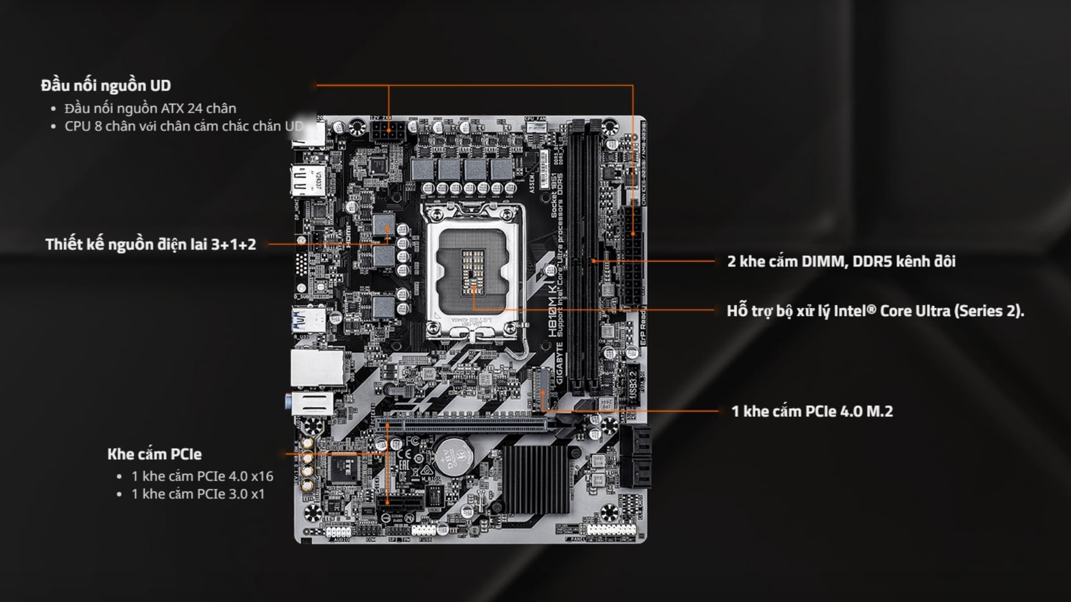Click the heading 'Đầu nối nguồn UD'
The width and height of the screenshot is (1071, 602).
(x=105, y=86)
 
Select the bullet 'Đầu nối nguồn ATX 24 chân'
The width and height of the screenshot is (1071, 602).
(x=150, y=108)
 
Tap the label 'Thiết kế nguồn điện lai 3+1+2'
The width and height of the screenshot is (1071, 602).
(x=151, y=244)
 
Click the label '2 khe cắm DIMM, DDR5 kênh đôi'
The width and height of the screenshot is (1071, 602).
(x=841, y=261)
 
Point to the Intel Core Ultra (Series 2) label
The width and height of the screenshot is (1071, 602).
(x=875, y=310)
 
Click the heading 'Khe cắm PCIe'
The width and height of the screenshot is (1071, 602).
(x=154, y=454)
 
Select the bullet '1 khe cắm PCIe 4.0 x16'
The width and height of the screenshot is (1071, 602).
(x=202, y=476)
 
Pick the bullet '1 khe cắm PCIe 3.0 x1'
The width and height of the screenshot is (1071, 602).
(x=197, y=494)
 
